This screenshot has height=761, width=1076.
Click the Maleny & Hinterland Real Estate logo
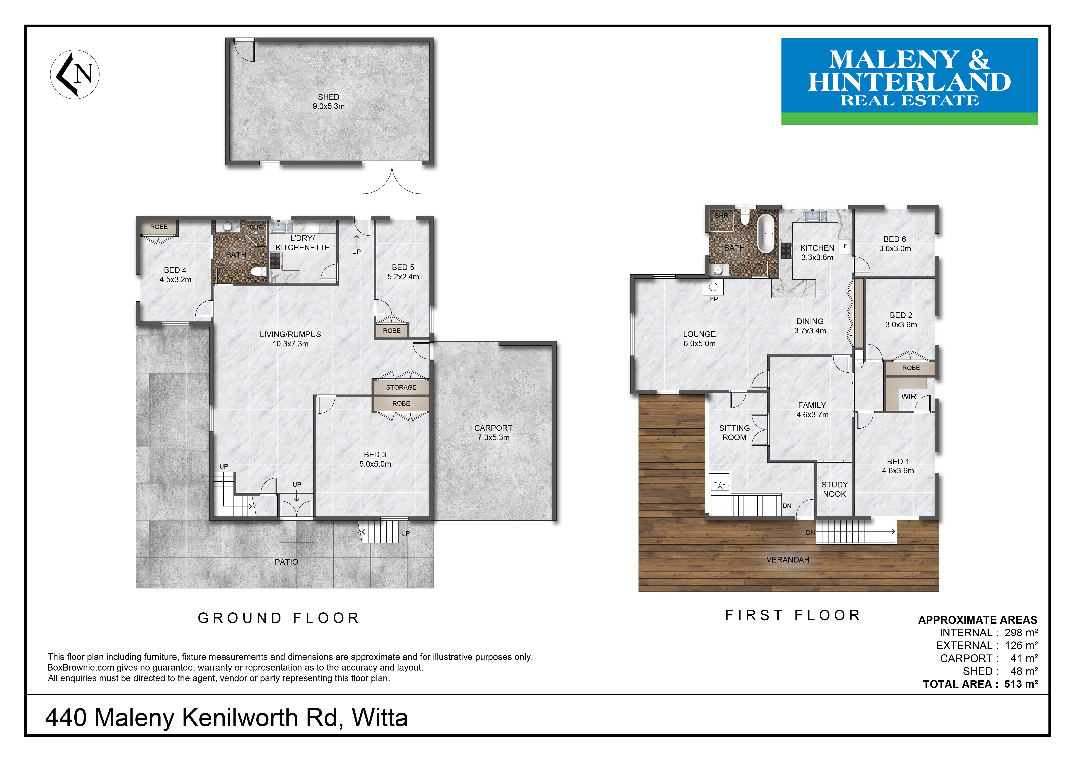click(909, 81)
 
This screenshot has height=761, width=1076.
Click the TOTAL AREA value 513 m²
click(1021, 684)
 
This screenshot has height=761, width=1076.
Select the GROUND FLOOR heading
click(278, 618)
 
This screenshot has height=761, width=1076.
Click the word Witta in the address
click(380, 717)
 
